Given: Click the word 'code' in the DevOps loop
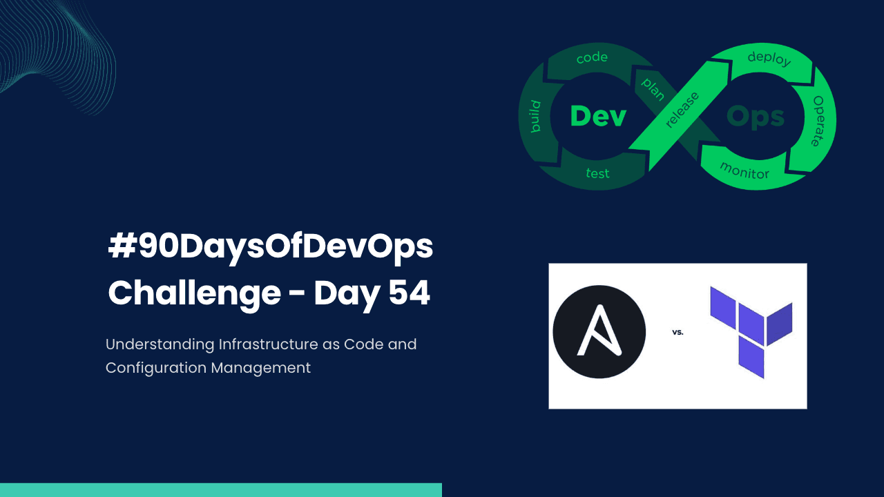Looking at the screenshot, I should tap(592, 58).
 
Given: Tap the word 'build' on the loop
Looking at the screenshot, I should tap(535, 116).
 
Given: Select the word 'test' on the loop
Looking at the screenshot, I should tap(597, 173).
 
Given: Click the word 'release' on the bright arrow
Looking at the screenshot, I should tap(682, 109).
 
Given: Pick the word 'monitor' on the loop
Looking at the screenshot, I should tap(744, 170).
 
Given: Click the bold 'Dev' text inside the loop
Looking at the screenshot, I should tap(598, 116).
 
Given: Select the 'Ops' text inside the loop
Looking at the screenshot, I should tap(756, 117).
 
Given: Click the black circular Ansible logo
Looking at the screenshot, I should tap(599, 332).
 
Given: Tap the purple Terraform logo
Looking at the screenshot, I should tap(751, 331).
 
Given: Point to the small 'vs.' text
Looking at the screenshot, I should tap(678, 332).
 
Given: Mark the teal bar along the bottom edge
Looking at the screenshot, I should tap(221, 490).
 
